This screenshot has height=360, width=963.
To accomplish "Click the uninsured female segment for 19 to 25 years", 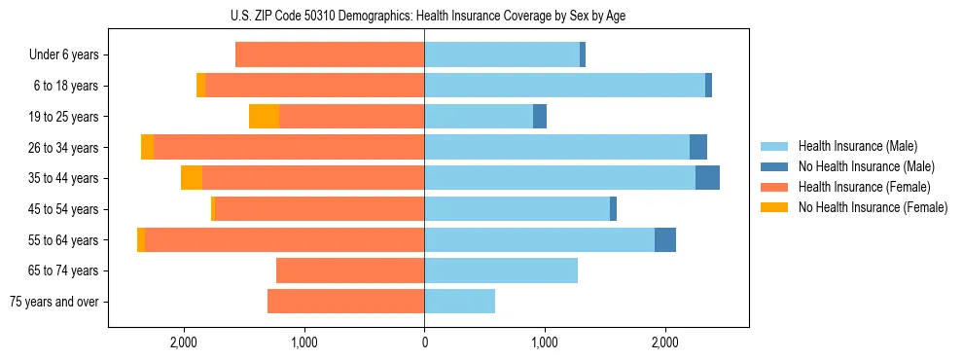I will (x=264, y=117).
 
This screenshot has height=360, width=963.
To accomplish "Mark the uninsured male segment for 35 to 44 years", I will (x=707, y=178).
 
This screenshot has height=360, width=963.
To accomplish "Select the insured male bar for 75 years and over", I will (x=459, y=302).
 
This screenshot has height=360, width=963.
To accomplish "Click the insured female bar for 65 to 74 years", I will (x=350, y=270).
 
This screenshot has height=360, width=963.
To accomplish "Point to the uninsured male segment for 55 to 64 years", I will (x=665, y=239).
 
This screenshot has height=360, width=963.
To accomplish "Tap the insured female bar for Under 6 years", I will (x=330, y=54).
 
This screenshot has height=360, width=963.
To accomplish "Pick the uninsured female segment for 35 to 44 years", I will (x=192, y=178).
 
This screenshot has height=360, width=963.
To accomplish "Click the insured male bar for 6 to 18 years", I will (x=564, y=86).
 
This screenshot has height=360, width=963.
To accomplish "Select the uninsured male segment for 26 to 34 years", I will (x=698, y=147).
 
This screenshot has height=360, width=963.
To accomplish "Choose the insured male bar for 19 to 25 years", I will (x=479, y=117).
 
